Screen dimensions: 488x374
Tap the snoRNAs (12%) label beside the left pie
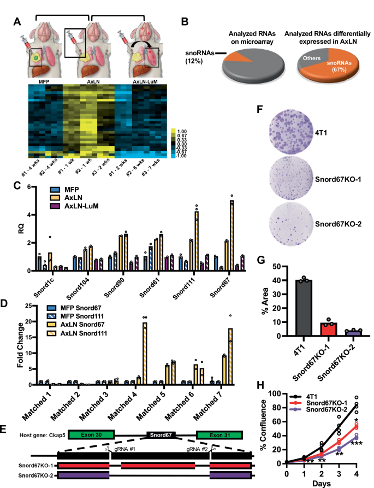195,56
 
